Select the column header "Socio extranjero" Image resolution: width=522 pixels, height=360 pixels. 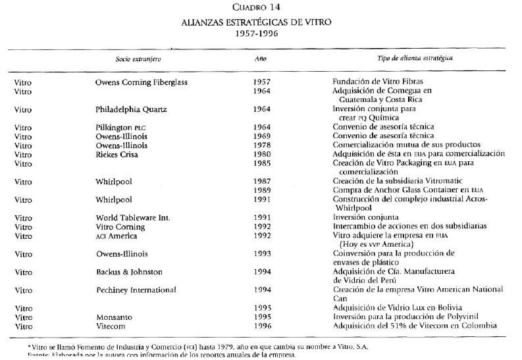coord(138,59)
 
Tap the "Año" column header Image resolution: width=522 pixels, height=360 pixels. coord(261,59)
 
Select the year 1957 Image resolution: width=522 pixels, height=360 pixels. coord(261,83)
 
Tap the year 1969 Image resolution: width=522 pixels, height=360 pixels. coord(261,136)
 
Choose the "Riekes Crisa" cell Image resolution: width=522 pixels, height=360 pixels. coord(116,154)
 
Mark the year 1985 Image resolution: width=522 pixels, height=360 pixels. coord(261,163)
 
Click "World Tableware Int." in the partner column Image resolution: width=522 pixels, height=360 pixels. coord(132,217)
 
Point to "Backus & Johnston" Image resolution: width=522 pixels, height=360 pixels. coord(129,272)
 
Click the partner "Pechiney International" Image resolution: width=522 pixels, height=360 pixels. coord(136,290)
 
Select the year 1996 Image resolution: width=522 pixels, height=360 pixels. coord(261,326)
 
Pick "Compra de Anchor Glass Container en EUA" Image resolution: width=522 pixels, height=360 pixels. coord(407,190)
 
